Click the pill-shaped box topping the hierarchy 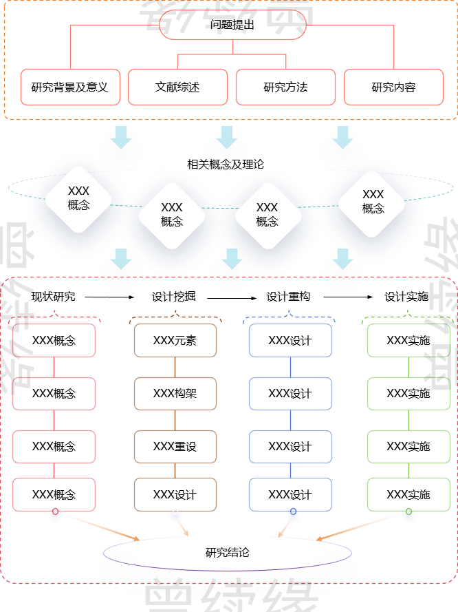coord(232,25)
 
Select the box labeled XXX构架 coord(175,394)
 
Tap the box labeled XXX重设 coord(175,447)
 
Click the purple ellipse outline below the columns coord(227,553)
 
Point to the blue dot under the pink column coord(55,515)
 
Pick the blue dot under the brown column coord(175,514)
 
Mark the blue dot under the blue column coord(293,515)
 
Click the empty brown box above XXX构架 coord(175,341)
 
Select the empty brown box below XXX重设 coord(175,495)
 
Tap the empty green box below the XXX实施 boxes coord(408,495)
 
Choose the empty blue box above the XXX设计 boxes coord(290,341)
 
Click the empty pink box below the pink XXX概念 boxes coord(54,495)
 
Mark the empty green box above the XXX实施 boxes coord(408,341)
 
